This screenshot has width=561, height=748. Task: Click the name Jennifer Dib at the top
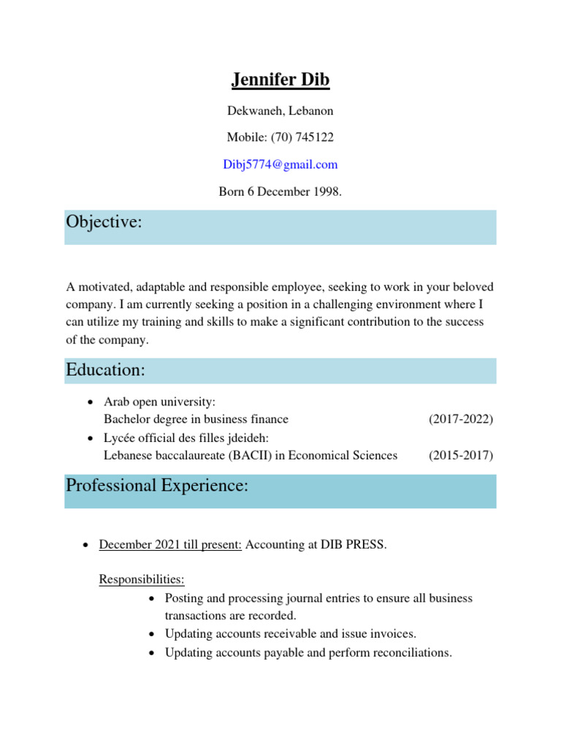[280, 80]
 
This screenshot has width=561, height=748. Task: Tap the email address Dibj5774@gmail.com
[280, 164]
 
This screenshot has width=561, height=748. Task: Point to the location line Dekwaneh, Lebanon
[280, 111]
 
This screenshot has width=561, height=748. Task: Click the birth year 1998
[325, 191]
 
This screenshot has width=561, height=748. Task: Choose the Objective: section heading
[103, 222]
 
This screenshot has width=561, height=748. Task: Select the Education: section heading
[105, 370]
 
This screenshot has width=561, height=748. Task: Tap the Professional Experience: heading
[157, 485]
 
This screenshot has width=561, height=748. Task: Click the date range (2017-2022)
[460, 419]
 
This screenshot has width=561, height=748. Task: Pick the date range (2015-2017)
[460, 455]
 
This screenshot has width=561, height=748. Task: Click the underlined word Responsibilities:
[142, 579]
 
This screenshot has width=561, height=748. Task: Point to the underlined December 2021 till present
[170, 545]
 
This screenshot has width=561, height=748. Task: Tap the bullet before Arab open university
[89, 402]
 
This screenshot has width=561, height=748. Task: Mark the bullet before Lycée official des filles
[89, 438]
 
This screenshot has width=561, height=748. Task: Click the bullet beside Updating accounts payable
[150, 653]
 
